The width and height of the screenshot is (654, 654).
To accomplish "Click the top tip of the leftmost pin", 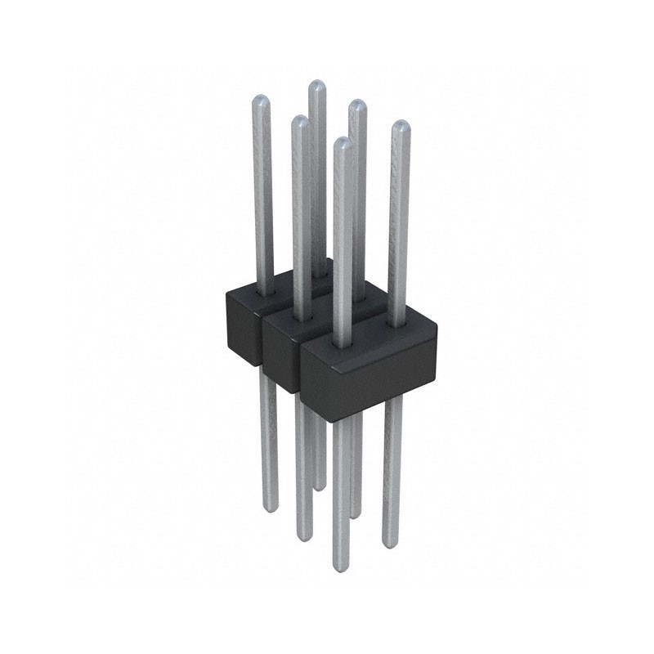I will tap(259, 100).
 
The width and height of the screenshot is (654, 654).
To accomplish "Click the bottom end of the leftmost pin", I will tap(271, 508).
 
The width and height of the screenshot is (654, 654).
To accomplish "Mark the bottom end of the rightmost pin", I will tap(392, 544).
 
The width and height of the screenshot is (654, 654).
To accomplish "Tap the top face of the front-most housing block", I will tap(368, 335).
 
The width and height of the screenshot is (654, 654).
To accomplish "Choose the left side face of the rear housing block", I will tap(242, 323).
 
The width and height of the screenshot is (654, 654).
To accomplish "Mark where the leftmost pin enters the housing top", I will tap(263, 290).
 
